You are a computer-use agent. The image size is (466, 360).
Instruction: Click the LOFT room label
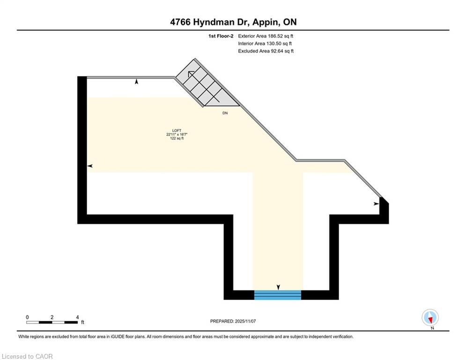click(177, 130)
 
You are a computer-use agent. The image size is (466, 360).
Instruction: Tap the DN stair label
click(225, 113)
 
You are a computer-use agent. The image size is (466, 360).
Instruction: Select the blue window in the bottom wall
click(278, 295)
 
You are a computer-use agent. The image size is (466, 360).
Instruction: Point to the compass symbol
click(430, 317)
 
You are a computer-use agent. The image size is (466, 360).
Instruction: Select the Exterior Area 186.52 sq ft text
click(266, 36)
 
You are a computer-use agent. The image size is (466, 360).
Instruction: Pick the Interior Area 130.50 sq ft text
click(265, 44)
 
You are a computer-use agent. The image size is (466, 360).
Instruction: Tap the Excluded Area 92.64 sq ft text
click(266, 51)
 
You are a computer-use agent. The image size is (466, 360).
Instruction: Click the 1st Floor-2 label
click(221, 36)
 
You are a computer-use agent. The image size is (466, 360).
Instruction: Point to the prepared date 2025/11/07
click(245, 321)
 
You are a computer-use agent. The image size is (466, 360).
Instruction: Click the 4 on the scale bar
click(77, 317)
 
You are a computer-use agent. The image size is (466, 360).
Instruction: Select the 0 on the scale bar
click(27, 317)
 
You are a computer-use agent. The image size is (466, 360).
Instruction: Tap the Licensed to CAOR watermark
click(27, 356)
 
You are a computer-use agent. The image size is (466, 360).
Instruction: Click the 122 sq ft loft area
click(177, 138)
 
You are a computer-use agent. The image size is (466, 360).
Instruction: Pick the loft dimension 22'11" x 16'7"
click(177, 134)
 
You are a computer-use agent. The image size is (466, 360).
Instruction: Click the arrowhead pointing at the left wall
click(90, 166)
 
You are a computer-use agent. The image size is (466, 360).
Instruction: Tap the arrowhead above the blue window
click(278, 287)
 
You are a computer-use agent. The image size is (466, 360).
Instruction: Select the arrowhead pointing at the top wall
click(136, 82)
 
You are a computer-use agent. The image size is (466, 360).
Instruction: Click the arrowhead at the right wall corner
click(377, 204)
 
